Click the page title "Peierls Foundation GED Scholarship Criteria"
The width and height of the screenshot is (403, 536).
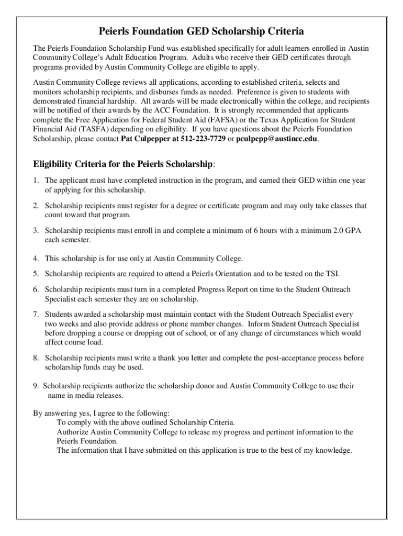click(x=201, y=31)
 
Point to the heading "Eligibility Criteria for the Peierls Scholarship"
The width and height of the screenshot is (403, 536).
click(x=123, y=164)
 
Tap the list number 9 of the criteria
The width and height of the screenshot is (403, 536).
click(x=35, y=386)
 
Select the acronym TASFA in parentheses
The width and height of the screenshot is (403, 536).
click(x=77, y=129)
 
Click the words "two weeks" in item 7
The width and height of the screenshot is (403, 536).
click(x=59, y=323)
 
